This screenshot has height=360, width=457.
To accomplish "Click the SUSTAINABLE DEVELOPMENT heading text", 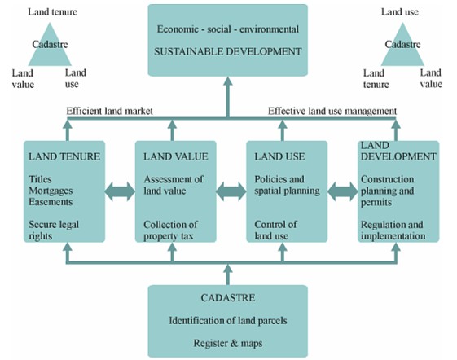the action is click(227, 51).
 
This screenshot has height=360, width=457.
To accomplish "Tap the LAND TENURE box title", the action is click(64, 156).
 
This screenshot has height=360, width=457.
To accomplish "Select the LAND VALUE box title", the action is click(176, 156).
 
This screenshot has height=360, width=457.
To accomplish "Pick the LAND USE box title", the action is click(279, 156).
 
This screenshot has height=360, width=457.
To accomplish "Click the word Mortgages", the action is click(51, 191).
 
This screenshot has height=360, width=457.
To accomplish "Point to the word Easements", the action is click(51, 202).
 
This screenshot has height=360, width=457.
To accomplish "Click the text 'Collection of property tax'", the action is click(170, 230).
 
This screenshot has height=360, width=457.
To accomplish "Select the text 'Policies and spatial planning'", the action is click(287, 185).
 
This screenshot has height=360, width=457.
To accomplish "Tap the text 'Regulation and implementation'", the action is click(393, 230).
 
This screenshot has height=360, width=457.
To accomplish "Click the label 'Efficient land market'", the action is click(110, 111).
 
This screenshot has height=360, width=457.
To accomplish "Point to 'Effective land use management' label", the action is click(332, 111).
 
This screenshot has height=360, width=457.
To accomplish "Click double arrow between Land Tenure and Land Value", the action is click(120, 191).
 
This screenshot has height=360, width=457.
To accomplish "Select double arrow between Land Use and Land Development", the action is click(342, 191).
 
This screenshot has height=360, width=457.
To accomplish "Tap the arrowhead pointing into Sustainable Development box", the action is click(228, 81).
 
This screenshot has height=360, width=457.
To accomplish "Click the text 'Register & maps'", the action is click(228, 343).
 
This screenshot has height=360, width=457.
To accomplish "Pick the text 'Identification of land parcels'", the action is click(228, 321).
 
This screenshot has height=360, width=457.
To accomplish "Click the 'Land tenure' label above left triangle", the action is click(53, 12).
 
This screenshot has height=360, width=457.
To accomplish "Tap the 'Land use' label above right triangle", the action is click(400, 12).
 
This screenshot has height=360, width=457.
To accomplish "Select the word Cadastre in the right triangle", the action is click(402, 44).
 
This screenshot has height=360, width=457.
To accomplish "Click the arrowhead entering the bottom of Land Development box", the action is click(396, 247).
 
